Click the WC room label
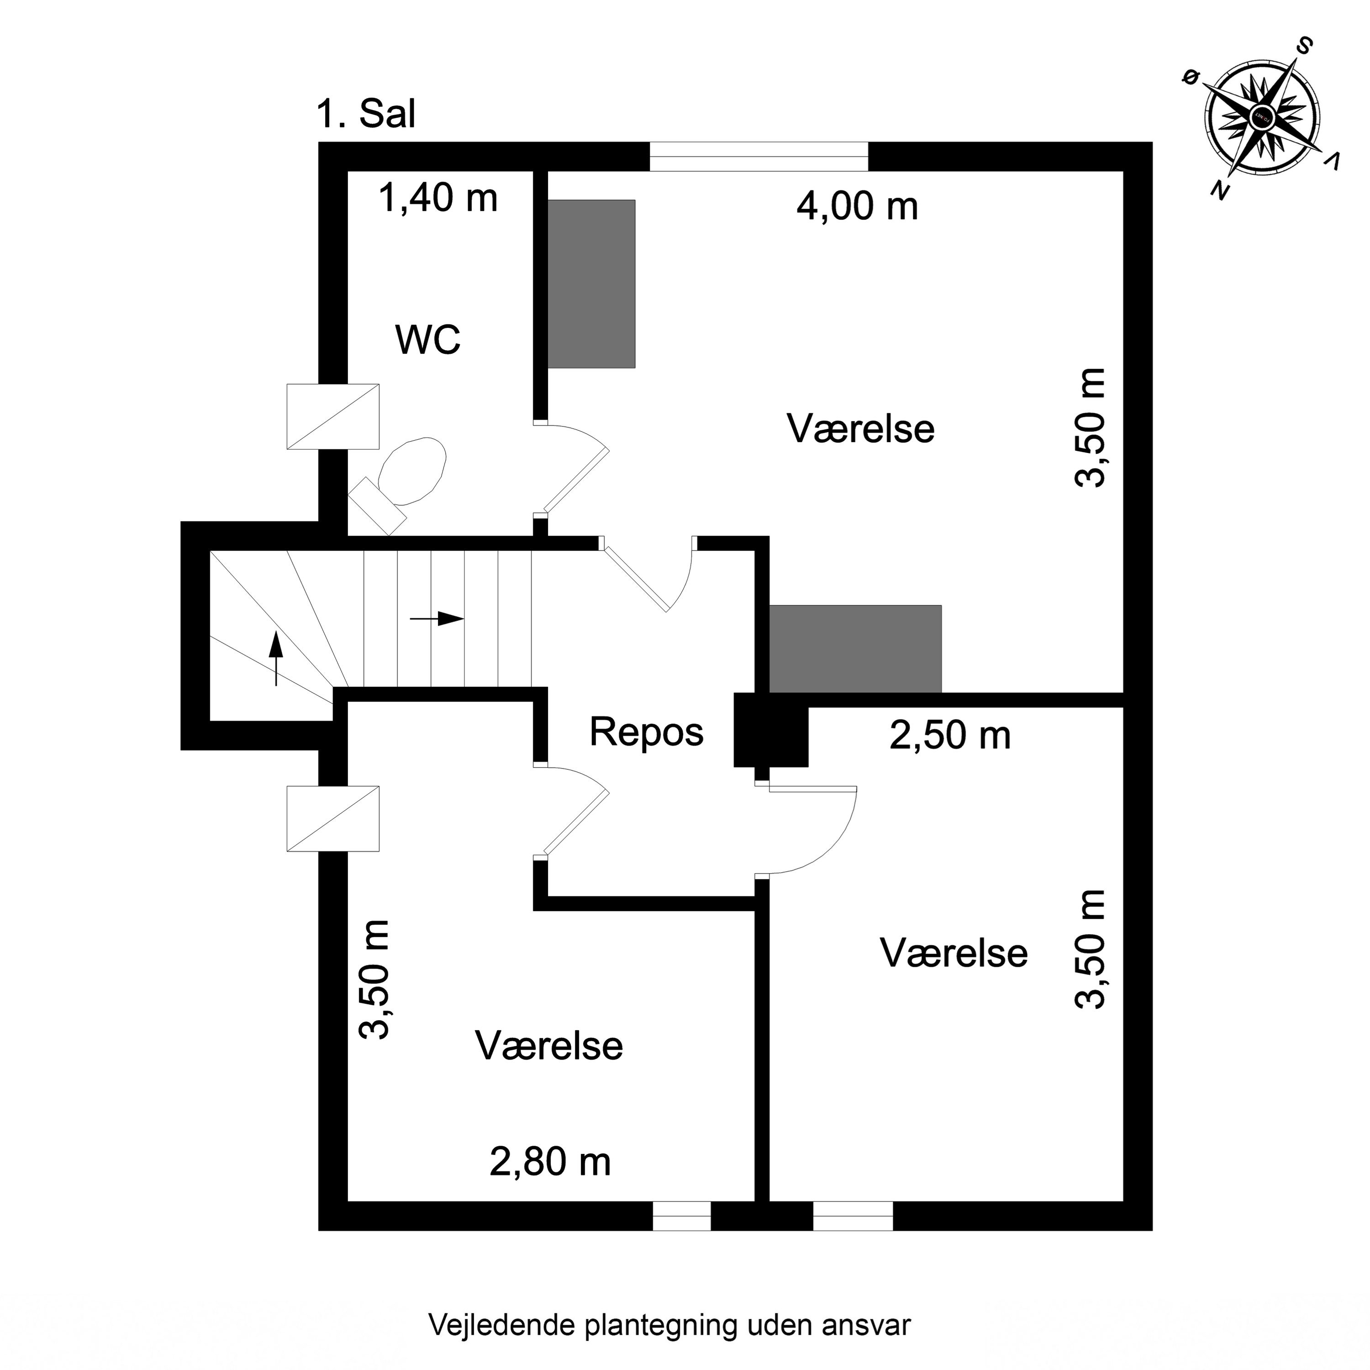click(x=428, y=340)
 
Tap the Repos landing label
click(x=646, y=732)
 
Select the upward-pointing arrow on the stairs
click(x=276, y=659)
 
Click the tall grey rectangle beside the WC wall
click(x=591, y=284)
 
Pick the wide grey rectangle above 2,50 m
click(x=855, y=649)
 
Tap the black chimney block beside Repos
click(x=771, y=730)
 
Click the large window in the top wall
click(x=759, y=157)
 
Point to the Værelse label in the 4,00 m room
click(x=861, y=429)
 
